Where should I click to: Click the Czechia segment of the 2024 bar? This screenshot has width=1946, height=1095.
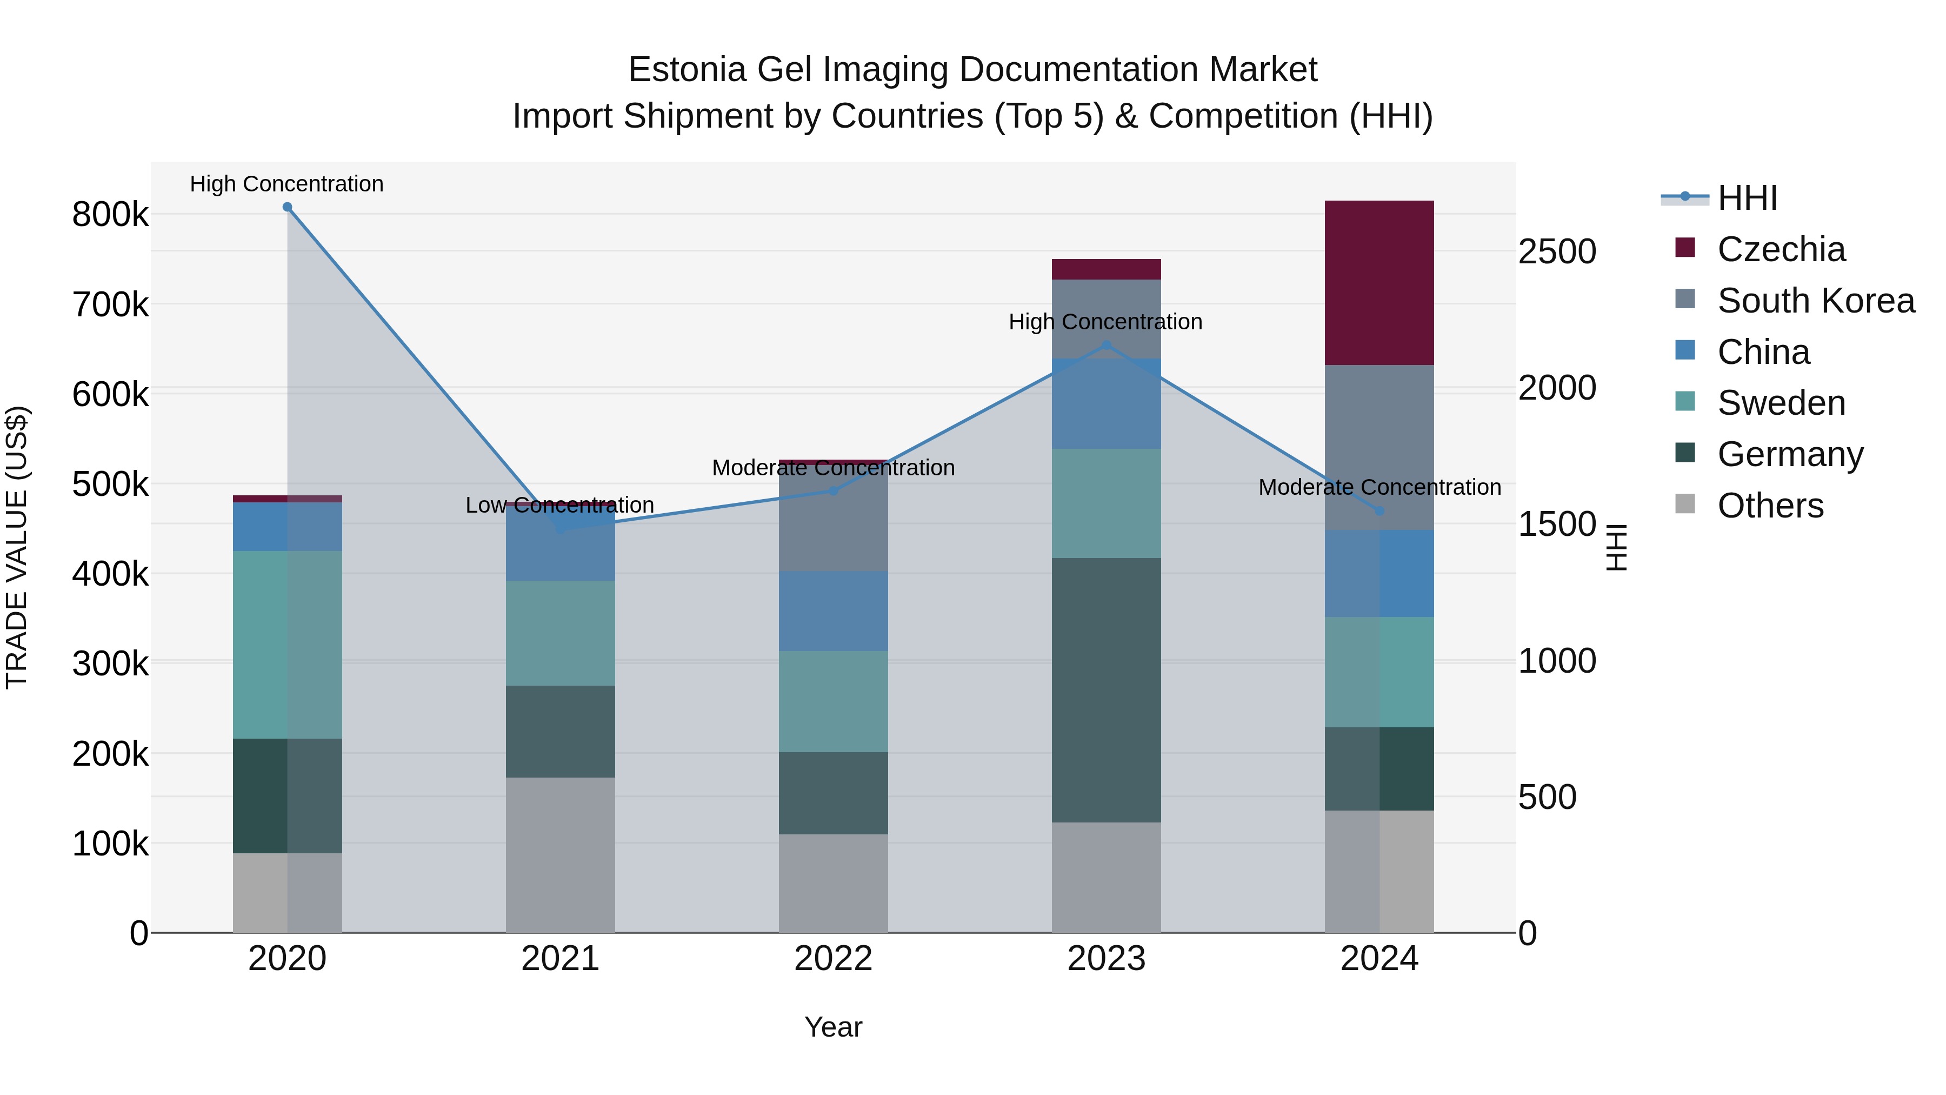click(1379, 283)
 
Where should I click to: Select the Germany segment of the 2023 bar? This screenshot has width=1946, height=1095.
click(1106, 690)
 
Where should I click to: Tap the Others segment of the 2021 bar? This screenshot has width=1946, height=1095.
click(560, 855)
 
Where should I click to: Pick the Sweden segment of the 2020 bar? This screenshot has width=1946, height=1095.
click(287, 645)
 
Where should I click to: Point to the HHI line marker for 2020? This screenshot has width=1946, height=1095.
click(287, 207)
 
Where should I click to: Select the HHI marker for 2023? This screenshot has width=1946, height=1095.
click(1106, 346)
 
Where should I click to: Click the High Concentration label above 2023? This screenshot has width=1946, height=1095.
click(1105, 322)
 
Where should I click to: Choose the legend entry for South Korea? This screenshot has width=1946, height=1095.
click(1815, 301)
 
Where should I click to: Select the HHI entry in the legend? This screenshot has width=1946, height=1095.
click(1747, 198)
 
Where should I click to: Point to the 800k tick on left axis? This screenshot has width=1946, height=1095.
click(110, 215)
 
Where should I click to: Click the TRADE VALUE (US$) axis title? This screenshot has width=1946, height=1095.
click(17, 547)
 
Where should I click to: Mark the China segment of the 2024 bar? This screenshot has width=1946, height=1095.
click(1379, 574)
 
